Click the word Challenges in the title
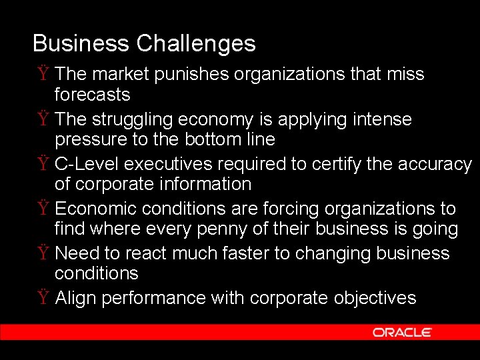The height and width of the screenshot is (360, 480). click(x=196, y=44)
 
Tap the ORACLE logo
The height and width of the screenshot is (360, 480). click(x=402, y=332)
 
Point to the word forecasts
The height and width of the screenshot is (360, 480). click(x=92, y=95)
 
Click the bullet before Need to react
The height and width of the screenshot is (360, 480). click(x=42, y=254)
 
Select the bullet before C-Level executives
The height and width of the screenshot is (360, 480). click(x=42, y=164)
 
